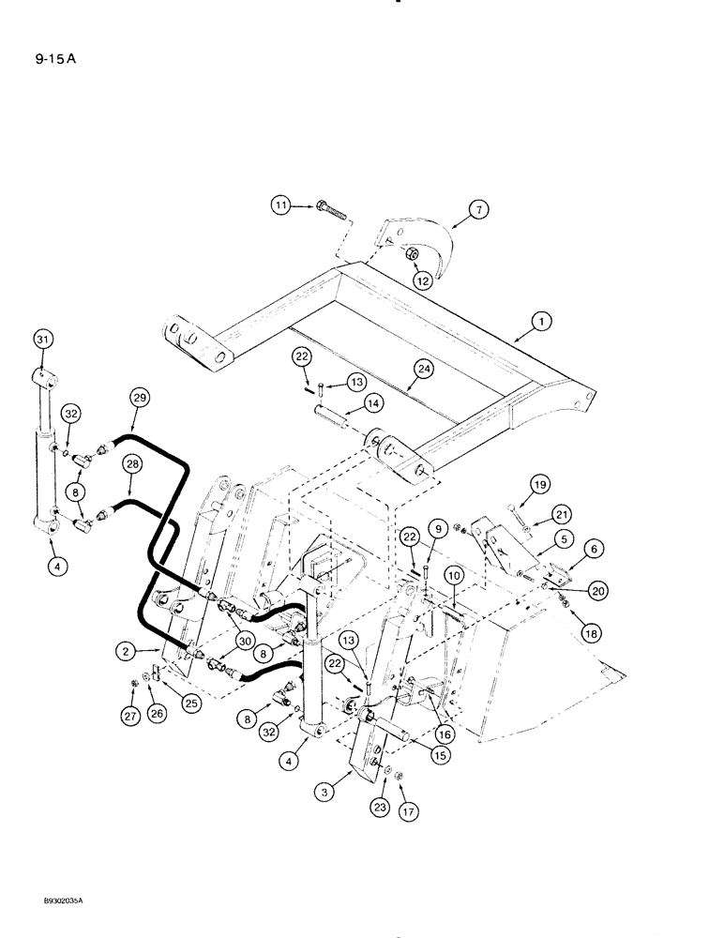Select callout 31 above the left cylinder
click(41, 338)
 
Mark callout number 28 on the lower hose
click(132, 463)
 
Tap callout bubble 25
click(193, 702)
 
